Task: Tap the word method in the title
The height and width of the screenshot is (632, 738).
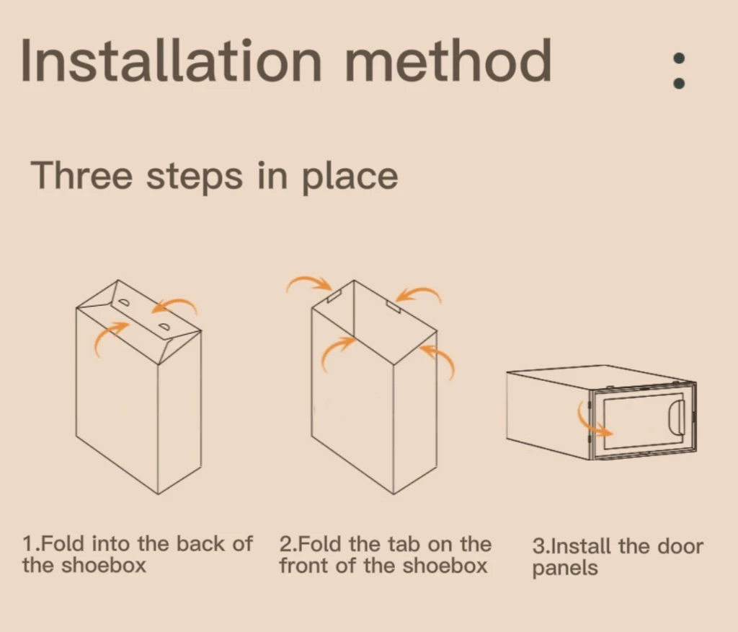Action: tap(448, 60)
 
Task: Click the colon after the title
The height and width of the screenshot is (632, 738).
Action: tap(679, 71)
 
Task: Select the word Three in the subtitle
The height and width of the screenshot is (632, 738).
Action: tap(81, 175)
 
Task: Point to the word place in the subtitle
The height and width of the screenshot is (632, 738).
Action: tap(350, 177)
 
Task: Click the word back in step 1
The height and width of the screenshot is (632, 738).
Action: tap(200, 544)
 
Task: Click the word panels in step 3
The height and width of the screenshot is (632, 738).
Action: tap(565, 569)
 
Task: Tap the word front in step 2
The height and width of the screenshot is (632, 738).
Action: tap(305, 566)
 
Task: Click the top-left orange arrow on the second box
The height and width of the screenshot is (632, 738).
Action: tap(308, 281)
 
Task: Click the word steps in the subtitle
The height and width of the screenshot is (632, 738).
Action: tap(195, 177)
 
